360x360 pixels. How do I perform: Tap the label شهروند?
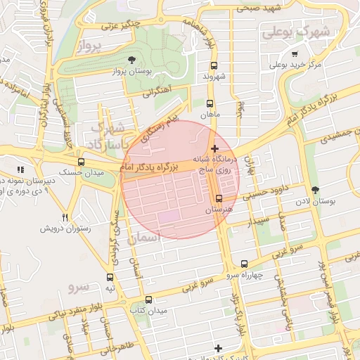[x=213, y=76]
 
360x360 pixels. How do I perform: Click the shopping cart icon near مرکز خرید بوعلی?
[x=295, y=53]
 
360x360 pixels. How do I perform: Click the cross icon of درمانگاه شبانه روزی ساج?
[x=214, y=148]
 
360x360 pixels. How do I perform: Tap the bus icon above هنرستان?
[x=219, y=198]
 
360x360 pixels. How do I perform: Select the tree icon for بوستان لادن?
[x=314, y=189]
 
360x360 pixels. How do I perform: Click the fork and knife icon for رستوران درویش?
[x=65, y=218]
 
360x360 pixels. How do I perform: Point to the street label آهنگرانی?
[x=156, y=92]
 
